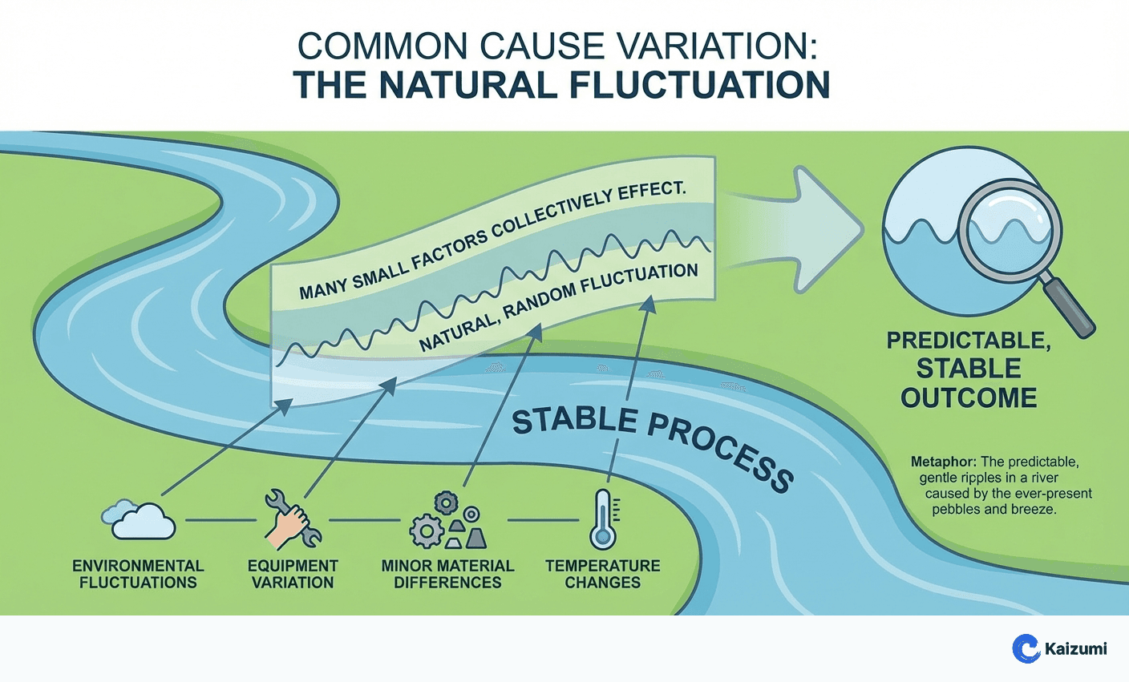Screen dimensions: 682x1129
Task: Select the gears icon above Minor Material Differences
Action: pos(447,520)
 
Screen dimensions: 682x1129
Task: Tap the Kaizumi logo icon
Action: pos(1026,648)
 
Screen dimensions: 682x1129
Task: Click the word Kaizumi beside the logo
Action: pos(1075,648)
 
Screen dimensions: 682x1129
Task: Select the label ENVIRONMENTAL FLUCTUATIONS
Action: pos(138,574)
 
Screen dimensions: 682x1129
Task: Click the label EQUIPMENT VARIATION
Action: pos(293,574)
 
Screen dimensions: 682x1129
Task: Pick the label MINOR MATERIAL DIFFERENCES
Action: pos(447,574)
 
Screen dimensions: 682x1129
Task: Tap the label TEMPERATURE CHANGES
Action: pos(603,574)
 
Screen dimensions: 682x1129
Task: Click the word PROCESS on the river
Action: pos(722,452)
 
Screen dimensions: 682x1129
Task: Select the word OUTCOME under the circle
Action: pos(969,397)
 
